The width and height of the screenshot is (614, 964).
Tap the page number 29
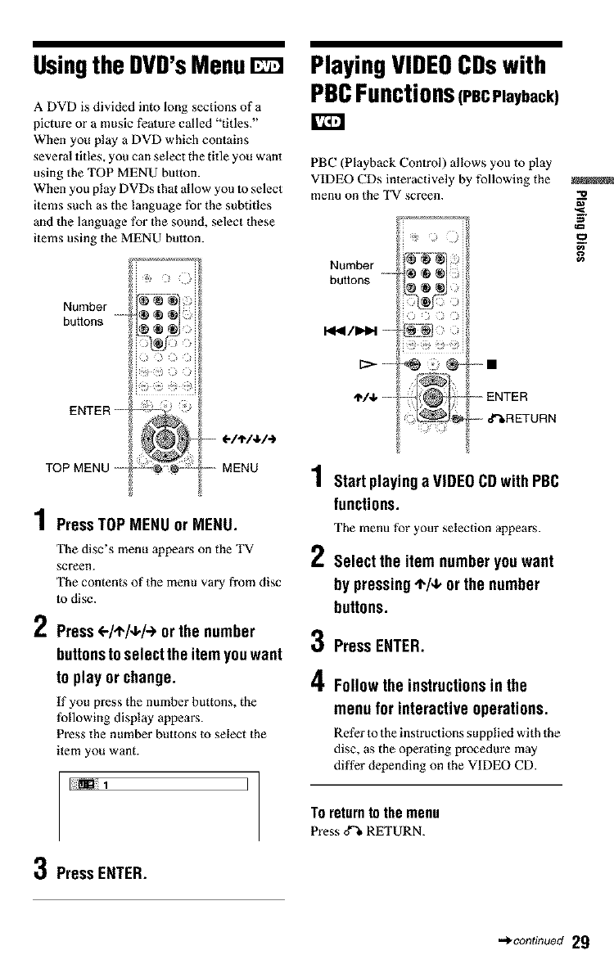[x=580, y=940]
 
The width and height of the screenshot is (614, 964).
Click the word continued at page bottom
[x=536, y=941]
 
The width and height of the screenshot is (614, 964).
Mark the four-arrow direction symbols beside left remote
[x=243, y=445]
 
